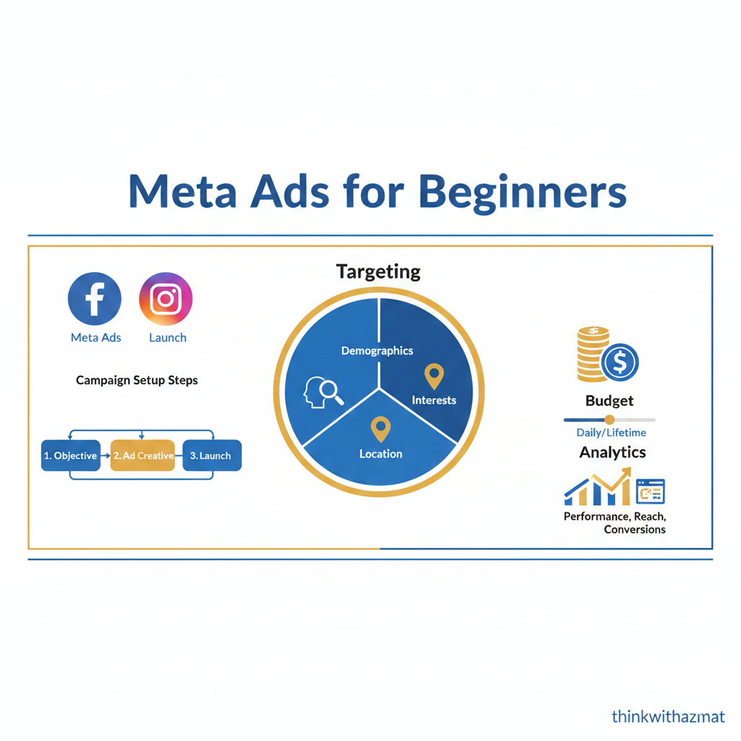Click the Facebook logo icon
click(95, 299)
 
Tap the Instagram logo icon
click(166, 299)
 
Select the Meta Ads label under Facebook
click(96, 337)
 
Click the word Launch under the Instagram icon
click(167, 337)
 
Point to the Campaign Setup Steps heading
click(137, 380)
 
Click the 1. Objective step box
click(71, 456)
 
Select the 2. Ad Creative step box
click(143, 456)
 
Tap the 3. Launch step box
click(211, 456)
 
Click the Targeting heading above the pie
click(378, 271)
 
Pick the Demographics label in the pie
click(377, 351)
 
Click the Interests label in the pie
click(433, 400)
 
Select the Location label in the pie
click(381, 454)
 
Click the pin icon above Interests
click(433, 376)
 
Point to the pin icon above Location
click(381, 428)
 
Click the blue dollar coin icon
click(620, 362)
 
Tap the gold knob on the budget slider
click(609, 420)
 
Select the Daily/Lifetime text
click(611, 433)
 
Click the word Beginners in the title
click(522, 192)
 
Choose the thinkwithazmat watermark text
click(668, 716)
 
